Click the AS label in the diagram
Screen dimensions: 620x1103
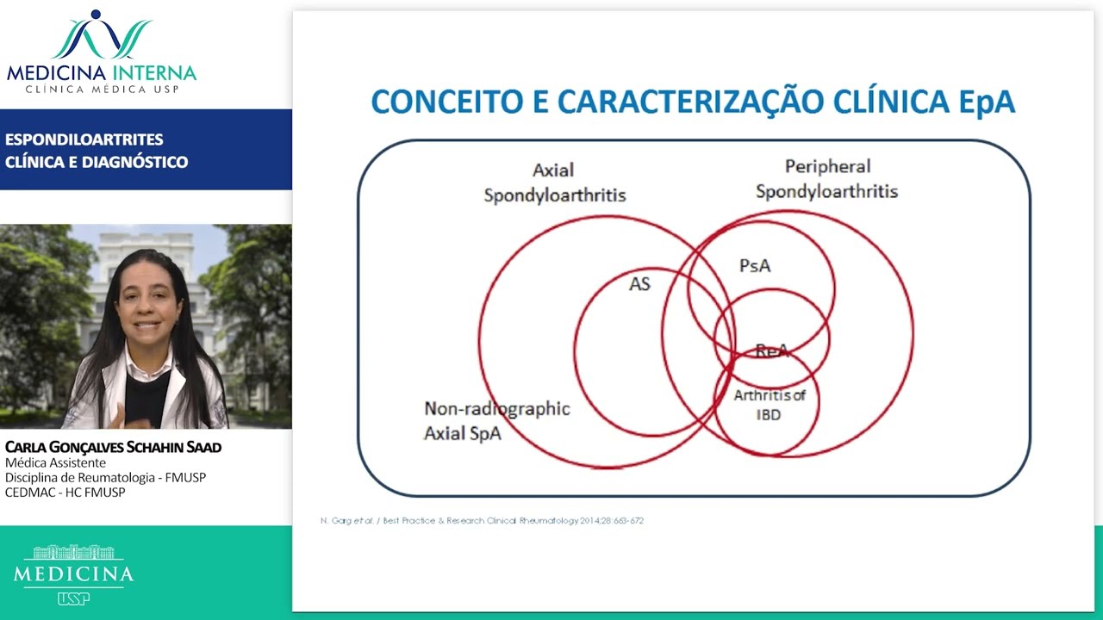[x=639, y=284]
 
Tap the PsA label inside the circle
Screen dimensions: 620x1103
[x=755, y=266]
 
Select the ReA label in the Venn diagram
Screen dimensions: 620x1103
[x=771, y=350]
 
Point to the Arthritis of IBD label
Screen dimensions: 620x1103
[x=770, y=405]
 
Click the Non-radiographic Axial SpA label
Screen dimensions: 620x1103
[x=496, y=420]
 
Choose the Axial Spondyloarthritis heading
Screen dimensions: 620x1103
[x=554, y=183]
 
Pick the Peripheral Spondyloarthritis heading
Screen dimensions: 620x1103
[x=826, y=179]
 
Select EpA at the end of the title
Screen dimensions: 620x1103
[x=988, y=102]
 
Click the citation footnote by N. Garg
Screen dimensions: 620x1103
[x=482, y=521]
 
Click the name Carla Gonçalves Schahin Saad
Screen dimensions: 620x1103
[x=113, y=447]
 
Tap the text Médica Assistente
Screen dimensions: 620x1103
[x=55, y=462]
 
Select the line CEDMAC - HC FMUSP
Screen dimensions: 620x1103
[x=65, y=493]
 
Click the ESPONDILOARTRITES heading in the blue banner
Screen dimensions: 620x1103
[x=84, y=139]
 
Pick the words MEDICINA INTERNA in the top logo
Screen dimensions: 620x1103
[x=102, y=73]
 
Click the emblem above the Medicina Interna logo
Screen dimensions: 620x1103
[x=102, y=34]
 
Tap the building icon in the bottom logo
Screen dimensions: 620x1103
[x=73, y=553]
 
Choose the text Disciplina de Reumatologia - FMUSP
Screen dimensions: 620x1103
[x=105, y=477]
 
